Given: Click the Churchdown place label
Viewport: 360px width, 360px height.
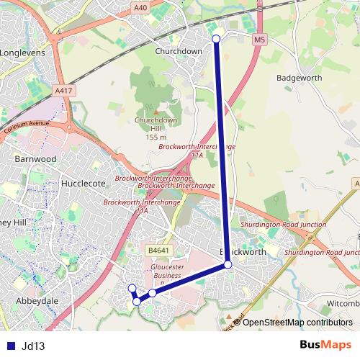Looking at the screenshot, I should click(179, 51).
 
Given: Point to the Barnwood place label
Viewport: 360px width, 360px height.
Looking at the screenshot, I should click(35, 158).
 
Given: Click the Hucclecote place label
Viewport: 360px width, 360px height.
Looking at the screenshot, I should click(84, 184).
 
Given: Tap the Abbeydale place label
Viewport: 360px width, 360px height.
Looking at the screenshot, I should click(37, 301).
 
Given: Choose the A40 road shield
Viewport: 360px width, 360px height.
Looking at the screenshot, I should click(140, 8).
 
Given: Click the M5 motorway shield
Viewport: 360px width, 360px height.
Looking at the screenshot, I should click(259, 40).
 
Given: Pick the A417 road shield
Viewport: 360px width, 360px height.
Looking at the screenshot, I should click(63, 91).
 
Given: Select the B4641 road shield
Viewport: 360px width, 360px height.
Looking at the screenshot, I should click(158, 251).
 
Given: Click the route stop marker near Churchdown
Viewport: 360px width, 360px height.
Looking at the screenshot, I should click(216, 38).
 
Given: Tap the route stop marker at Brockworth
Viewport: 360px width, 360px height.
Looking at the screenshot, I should click(228, 265).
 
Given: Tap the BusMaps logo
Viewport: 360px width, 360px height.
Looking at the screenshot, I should click(325, 345).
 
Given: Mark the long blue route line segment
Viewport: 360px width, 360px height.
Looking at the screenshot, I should click(222, 151).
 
